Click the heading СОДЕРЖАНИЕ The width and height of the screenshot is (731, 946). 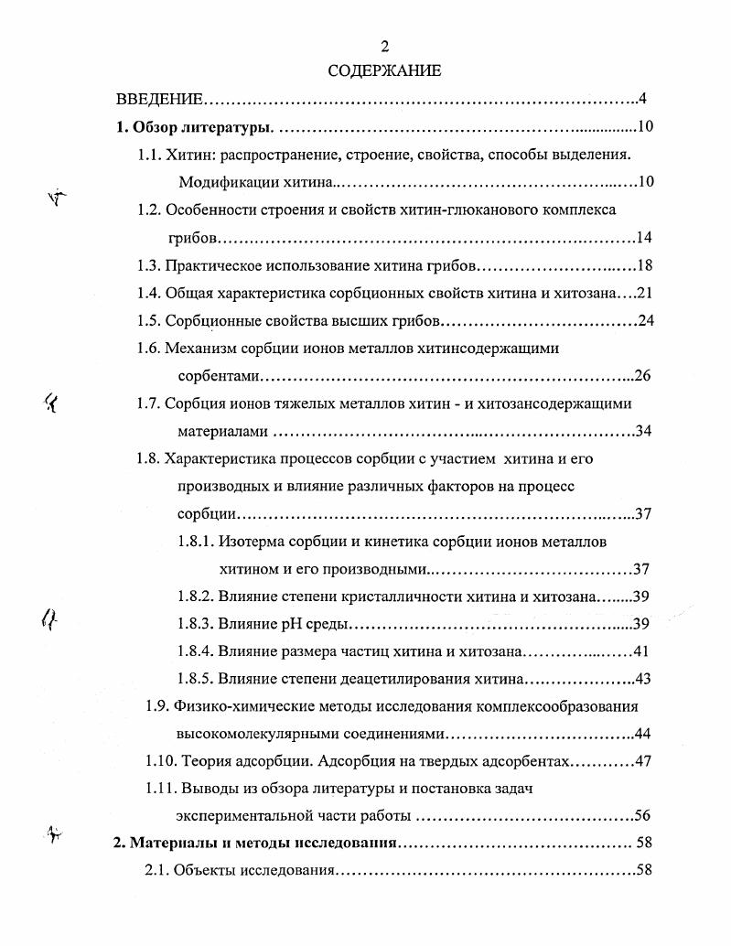[x=384, y=70]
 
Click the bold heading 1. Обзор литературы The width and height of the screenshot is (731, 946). [x=197, y=127]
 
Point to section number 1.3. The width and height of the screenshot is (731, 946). [x=149, y=266]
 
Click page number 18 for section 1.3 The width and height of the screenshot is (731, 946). [x=642, y=266]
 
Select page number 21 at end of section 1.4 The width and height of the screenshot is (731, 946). [x=642, y=294]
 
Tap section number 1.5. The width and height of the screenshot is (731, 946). [x=149, y=321]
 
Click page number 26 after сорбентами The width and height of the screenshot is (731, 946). [x=642, y=376]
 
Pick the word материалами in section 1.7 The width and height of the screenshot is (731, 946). [x=218, y=431]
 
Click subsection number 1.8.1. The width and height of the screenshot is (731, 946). [x=196, y=542]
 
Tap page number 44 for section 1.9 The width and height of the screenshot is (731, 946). [x=642, y=734]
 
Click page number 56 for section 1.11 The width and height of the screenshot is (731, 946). [x=642, y=816]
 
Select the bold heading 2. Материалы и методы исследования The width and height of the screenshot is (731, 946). [x=255, y=843]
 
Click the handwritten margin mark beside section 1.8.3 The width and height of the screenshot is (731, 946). [x=49, y=621]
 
